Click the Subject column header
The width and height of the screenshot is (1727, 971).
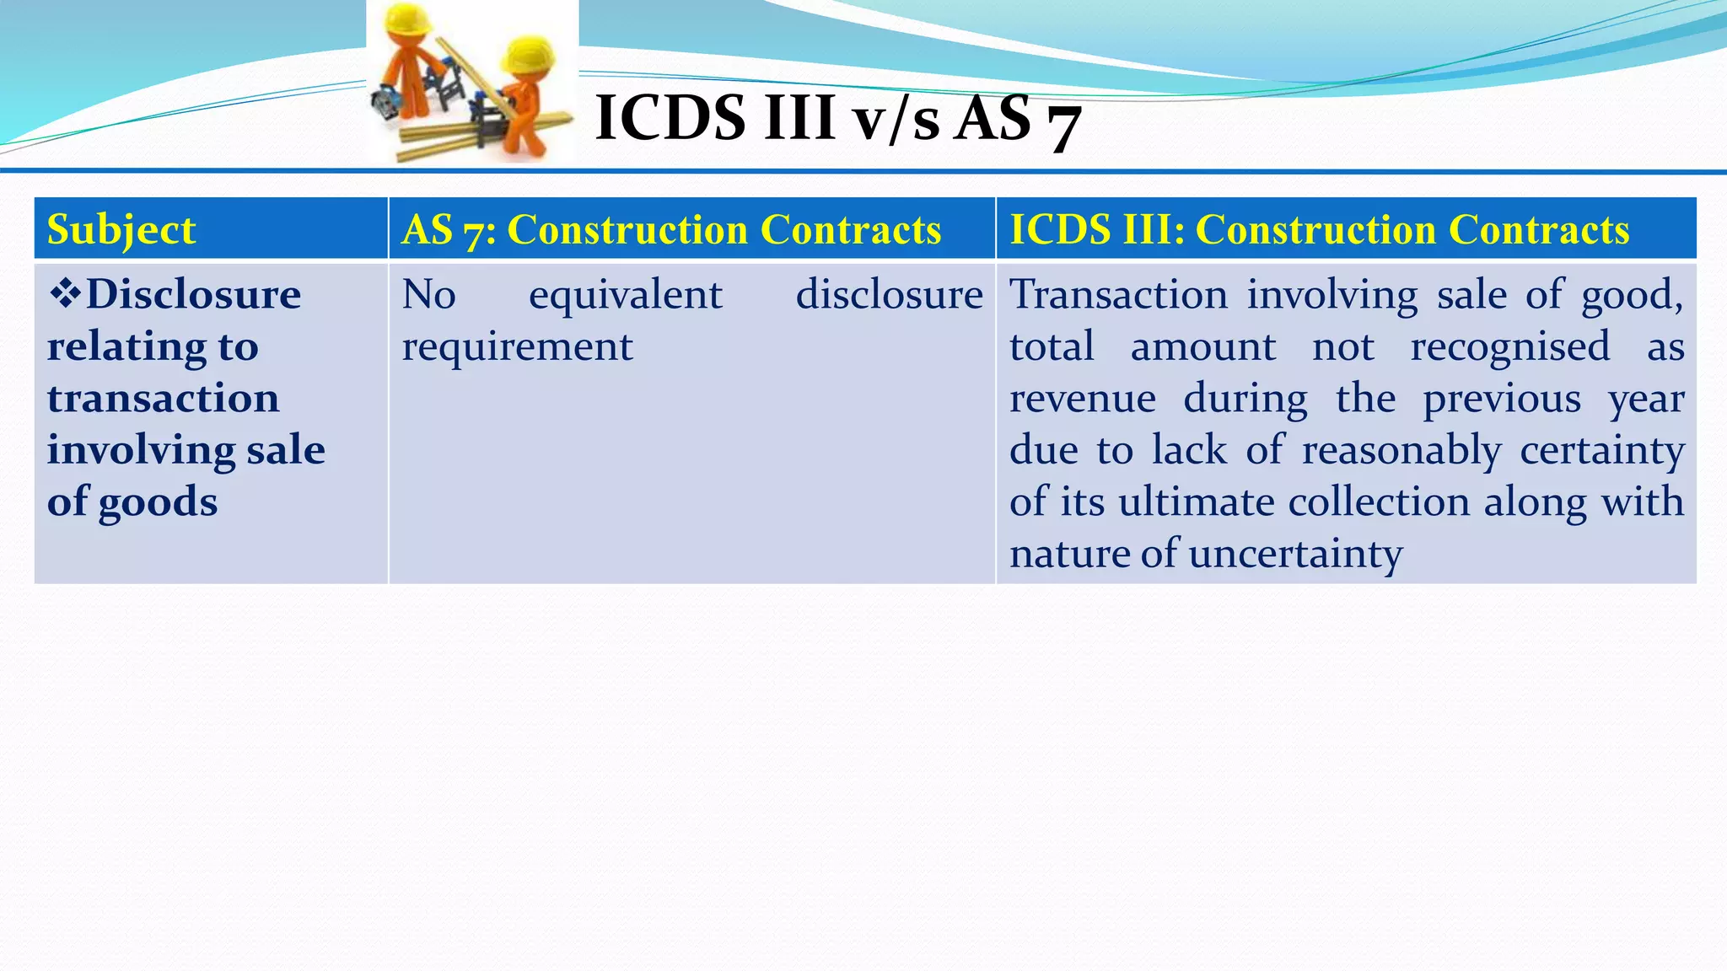tap(121, 229)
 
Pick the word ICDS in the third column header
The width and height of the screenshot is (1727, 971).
tap(1054, 229)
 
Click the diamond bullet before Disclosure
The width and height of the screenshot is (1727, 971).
tap(65, 293)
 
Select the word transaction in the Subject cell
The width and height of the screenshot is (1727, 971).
tap(163, 398)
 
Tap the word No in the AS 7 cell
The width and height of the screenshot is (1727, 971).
tap(428, 295)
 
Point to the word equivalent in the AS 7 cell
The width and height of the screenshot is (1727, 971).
tap(625, 295)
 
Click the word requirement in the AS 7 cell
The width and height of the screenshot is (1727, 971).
tap(517, 347)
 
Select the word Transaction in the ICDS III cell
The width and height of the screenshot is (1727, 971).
tap(1118, 295)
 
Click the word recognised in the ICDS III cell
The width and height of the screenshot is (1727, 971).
tap(1509, 346)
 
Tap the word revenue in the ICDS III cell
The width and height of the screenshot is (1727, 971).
tap(1082, 399)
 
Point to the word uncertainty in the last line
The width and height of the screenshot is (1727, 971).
tap(1295, 554)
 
